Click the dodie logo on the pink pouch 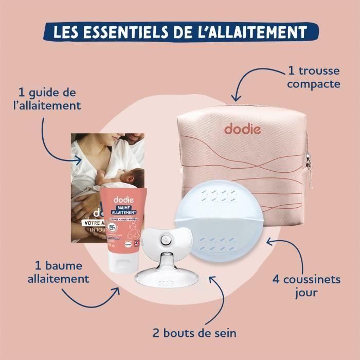click(x=243, y=129)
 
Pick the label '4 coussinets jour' click(x=305, y=287)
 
